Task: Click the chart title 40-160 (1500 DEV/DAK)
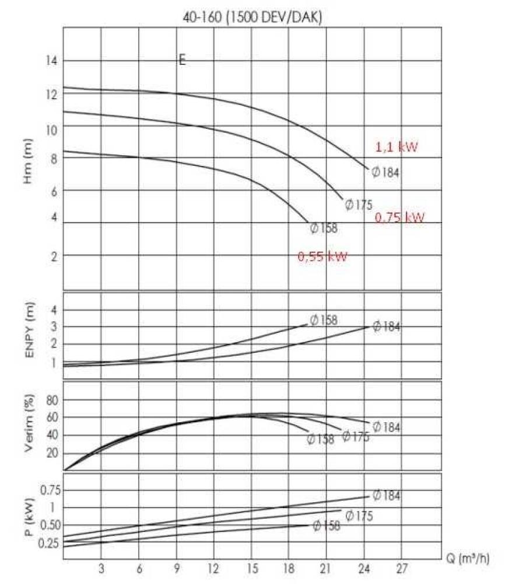click(x=252, y=18)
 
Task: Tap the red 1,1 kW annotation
click(x=397, y=147)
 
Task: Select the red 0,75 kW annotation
click(x=399, y=217)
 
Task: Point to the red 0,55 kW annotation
click(x=322, y=256)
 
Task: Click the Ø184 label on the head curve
click(x=385, y=172)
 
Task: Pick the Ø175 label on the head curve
click(x=358, y=204)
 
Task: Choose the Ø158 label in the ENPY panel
click(x=324, y=320)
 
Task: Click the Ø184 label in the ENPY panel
click(x=387, y=326)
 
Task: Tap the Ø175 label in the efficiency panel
click(x=355, y=436)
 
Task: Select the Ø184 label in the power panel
click(x=387, y=495)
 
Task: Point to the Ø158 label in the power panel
click(x=326, y=526)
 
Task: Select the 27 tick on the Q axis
click(x=402, y=568)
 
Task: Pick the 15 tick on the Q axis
click(x=251, y=568)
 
